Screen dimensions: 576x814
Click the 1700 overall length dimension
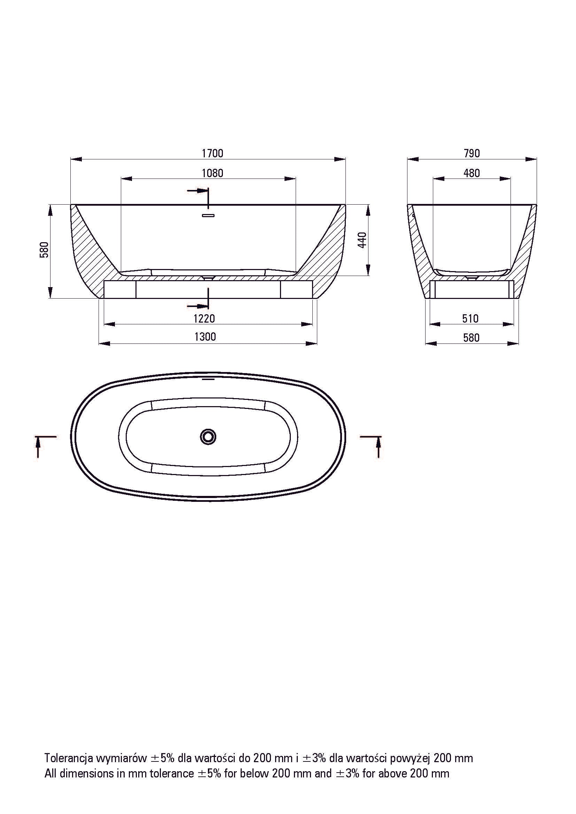click(212, 153)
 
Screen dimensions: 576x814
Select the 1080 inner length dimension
click(212, 173)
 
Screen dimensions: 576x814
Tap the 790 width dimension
click(472, 153)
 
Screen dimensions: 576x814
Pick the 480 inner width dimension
click(472, 173)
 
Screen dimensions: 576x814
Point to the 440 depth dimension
click(362, 240)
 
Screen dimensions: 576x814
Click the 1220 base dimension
click(204, 318)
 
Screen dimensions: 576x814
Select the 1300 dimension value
click(205, 337)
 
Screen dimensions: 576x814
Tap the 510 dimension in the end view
click(471, 319)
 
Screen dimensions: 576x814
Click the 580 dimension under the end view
click(472, 338)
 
